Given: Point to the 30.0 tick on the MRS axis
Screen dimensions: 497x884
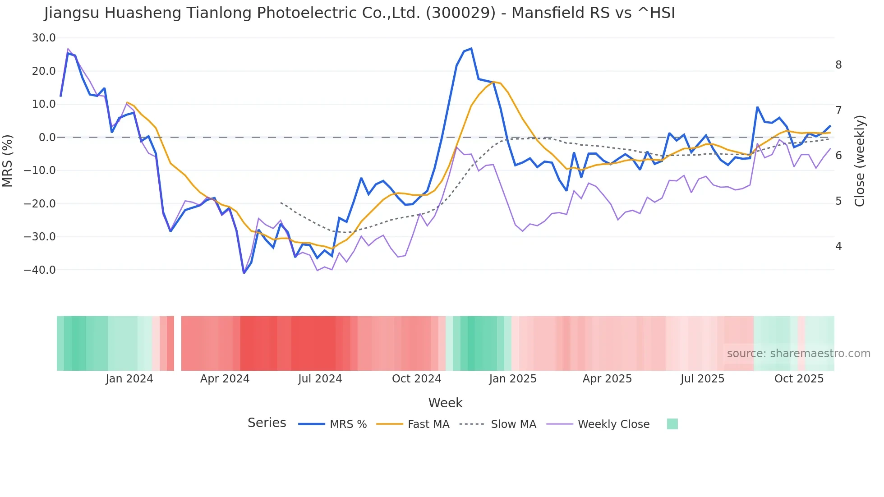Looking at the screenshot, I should tap(44, 38).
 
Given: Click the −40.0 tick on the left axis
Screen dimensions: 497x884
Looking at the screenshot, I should tap(40, 270).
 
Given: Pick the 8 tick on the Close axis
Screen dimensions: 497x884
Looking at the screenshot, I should tap(838, 65).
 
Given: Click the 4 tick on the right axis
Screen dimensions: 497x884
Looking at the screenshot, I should tap(838, 246).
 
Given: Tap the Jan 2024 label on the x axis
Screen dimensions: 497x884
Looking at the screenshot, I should tap(129, 379).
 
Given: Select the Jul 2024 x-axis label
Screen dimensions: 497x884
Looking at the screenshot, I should tap(320, 379).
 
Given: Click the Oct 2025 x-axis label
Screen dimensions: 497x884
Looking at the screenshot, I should tap(799, 379).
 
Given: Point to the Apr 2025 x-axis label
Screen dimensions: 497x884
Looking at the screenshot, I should tap(607, 379).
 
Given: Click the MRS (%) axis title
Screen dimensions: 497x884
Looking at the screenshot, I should tap(8, 161).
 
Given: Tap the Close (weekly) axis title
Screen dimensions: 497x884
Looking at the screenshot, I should tap(860, 161).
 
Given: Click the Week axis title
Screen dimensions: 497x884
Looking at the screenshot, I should tap(445, 403).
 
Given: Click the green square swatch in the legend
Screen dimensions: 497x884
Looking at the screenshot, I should tap(672, 424).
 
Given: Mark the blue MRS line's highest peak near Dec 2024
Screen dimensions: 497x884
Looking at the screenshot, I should tap(471, 48).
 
